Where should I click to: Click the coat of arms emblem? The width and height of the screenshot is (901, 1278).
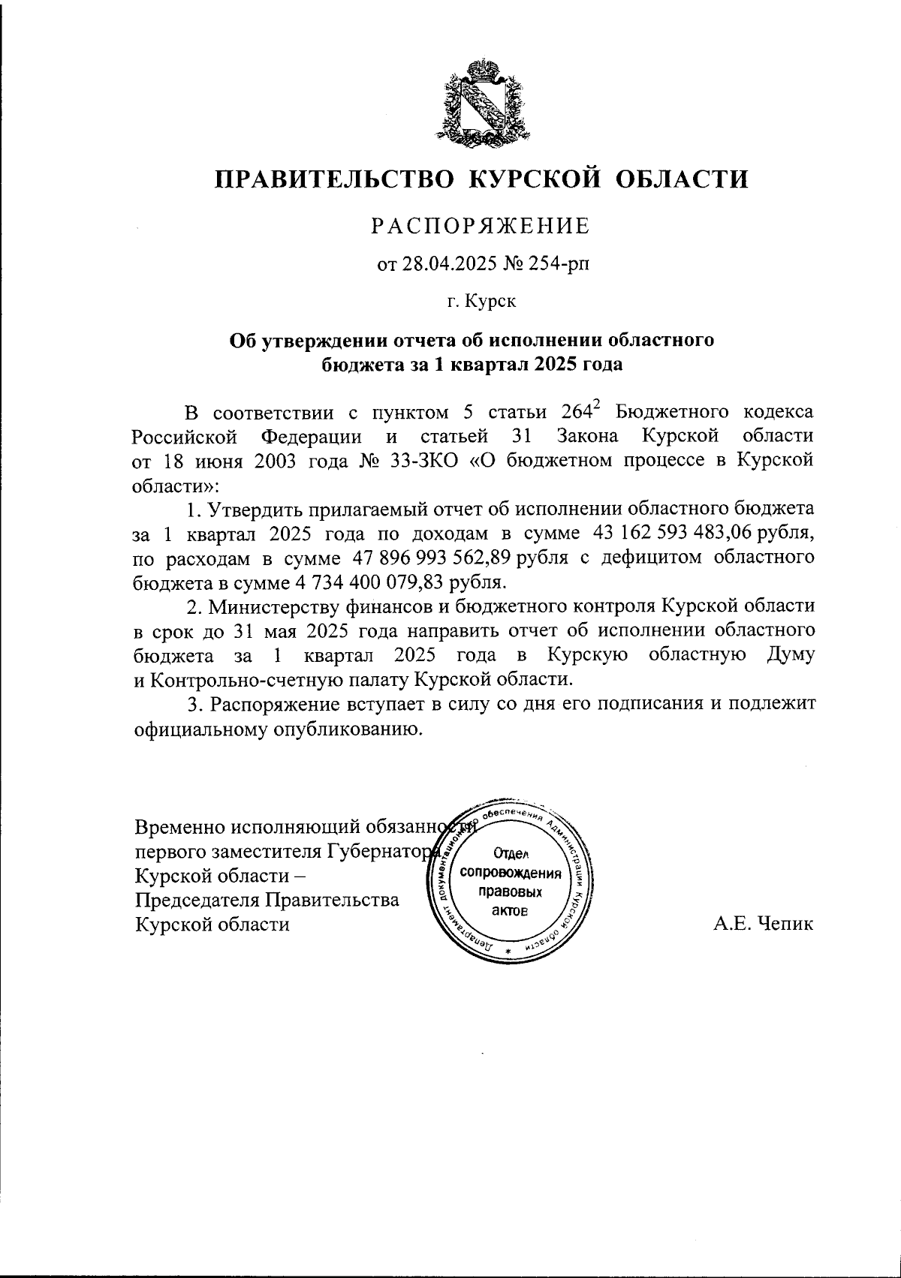(481, 99)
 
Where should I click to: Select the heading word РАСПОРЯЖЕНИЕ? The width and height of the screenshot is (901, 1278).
(482, 226)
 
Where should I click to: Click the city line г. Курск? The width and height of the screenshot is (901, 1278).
(481, 302)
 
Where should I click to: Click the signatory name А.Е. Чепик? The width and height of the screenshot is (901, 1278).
(763, 924)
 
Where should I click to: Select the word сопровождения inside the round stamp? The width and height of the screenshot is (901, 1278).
(511, 874)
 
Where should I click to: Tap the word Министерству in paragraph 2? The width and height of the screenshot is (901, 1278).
(263, 606)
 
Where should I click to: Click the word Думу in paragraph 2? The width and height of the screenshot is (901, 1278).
(789, 654)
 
